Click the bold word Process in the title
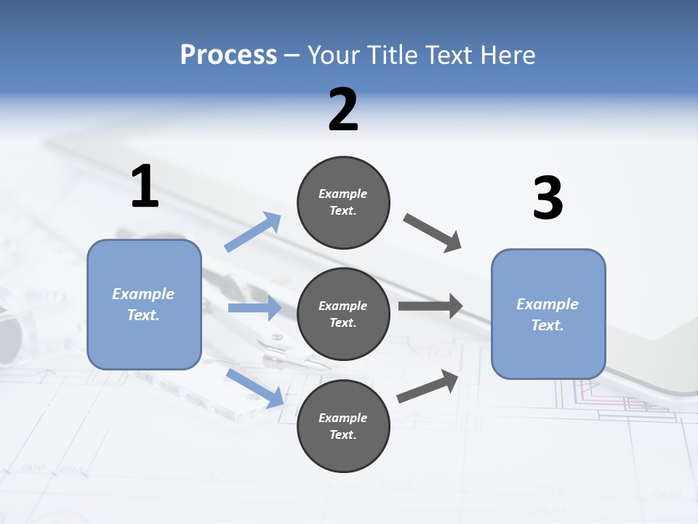(x=228, y=55)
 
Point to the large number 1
(x=145, y=186)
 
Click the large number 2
(x=343, y=110)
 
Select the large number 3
(x=547, y=198)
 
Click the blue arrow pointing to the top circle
(x=253, y=232)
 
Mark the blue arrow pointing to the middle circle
(x=254, y=309)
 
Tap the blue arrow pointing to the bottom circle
(x=254, y=387)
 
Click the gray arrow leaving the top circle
(x=433, y=233)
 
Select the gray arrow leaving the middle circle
(x=430, y=306)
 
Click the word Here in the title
(x=508, y=55)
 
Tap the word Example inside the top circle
(x=343, y=194)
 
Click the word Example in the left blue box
(x=143, y=294)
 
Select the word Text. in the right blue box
(x=547, y=325)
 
